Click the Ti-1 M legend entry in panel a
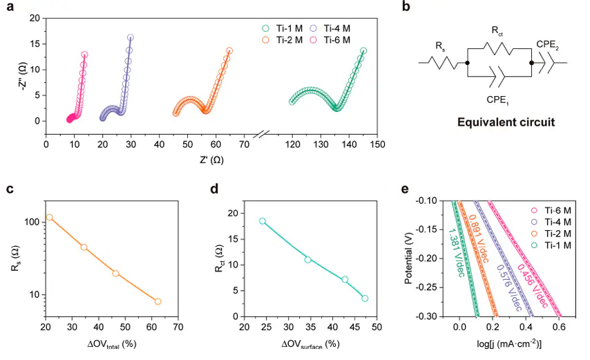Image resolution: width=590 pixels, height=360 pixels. (280, 28)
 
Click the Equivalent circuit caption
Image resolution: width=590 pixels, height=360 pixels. (506, 123)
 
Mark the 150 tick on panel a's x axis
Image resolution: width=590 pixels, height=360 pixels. (377, 144)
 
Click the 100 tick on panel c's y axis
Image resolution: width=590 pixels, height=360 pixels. (32, 222)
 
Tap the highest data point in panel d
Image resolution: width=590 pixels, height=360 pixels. (263, 221)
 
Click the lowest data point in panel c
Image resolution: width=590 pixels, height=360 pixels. (158, 301)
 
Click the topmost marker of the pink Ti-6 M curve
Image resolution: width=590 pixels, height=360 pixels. (84, 55)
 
